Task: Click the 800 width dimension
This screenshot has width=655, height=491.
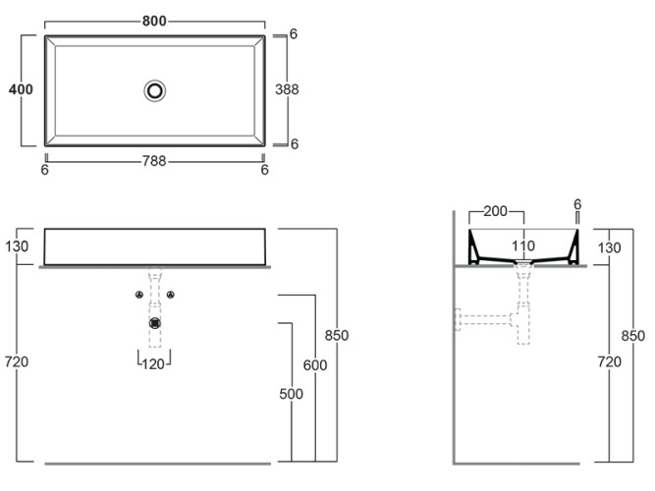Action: pyautogui.click(x=154, y=21)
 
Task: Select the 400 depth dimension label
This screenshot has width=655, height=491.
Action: pyautogui.click(x=21, y=89)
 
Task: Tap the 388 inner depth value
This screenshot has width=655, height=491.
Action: pyautogui.click(x=287, y=89)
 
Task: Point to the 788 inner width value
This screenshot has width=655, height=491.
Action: pyautogui.click(x=154, y=161)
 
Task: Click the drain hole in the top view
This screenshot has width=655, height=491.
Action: pyautogui.click(x=154, y=90)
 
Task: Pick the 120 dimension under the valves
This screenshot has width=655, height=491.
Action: pyautogui.click(x=153, y=364)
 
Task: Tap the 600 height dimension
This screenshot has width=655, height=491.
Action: pyautogui.click(x=315, y=365)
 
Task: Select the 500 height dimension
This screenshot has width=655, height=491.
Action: pyautogui.click(x=291, y=394)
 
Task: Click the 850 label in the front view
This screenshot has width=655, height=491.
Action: pyautogui.click(x=337, y=335)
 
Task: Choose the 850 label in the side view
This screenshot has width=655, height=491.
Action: pyautogui.click(x=633, y=336)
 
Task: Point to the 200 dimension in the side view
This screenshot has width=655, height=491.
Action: pyautogui.click(x=496, y=211)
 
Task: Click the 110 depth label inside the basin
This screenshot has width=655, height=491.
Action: pyautogui.click(x=523, y=245)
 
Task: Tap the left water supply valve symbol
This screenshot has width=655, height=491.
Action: pyautogui.click(x=139, y=295)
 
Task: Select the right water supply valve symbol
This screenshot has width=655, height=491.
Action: pyautogui.click(x=170, y=295)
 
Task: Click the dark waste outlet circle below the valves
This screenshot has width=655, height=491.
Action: pyautogui.click(x=155, y=323)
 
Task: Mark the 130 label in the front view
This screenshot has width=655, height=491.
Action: pyautogui.click(x=17, y=246)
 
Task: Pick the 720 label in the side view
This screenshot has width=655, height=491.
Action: pyautogui.click(x=610, y=362)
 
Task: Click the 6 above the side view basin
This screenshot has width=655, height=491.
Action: pyautogui.click(x=577, y=205)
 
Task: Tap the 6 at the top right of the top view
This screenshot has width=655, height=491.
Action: pyautogui.click(x=294, y=33)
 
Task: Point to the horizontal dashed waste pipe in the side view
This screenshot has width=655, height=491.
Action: pyautogui.click(x=485, y=320)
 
